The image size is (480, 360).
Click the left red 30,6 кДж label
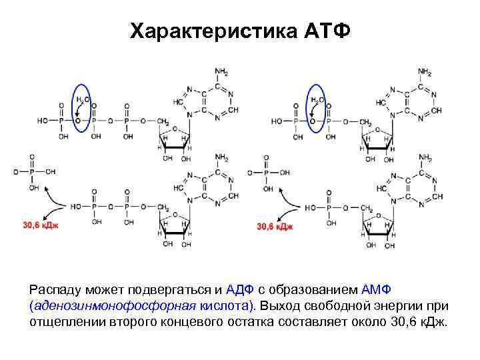(x=41, y=225)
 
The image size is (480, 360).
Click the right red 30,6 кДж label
(x=275, y=226)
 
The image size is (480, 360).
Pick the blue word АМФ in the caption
(x=378, y=290)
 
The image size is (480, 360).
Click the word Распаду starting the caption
(x=55, y=291)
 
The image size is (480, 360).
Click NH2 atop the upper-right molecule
(x=425, y=71)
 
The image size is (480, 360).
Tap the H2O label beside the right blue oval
(x=315, y=99)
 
